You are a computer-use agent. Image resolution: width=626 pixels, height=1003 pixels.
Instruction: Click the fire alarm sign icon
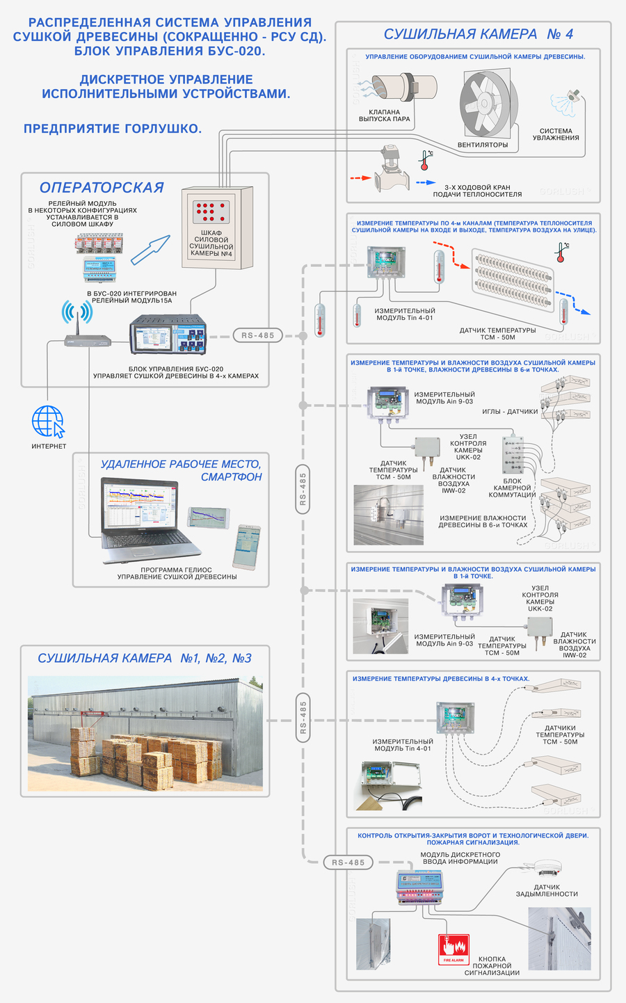pyautogui.click(x=454, y=949)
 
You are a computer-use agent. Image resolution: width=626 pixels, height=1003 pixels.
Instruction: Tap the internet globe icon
pyautogui.click(x=48, y=422)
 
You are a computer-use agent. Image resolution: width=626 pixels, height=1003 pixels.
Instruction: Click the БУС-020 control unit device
pyautogui.click(x=168, y=335)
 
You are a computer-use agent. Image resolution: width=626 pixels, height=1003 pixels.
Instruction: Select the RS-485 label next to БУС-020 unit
pyautogui.click(x=258, y=335)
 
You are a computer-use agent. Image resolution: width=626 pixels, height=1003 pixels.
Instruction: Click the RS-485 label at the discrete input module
pyautogui.click(x=348, y=862)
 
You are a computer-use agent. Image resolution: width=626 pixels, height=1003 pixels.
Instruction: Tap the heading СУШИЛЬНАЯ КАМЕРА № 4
pyautogui.click(x=479, y=34)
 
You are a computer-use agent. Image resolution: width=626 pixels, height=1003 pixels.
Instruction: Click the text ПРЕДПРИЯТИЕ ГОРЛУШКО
pyautogui.click(x=113, y=129)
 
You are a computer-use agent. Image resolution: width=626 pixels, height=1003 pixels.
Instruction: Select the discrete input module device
pyautogui.click(x=418, y=886)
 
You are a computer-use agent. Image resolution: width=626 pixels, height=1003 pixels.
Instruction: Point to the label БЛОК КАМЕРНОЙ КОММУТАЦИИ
pyautogui.click(x=512, y=488)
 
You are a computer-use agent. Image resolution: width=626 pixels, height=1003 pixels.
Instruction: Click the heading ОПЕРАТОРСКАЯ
pyautogui.click(x=102, y=187)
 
